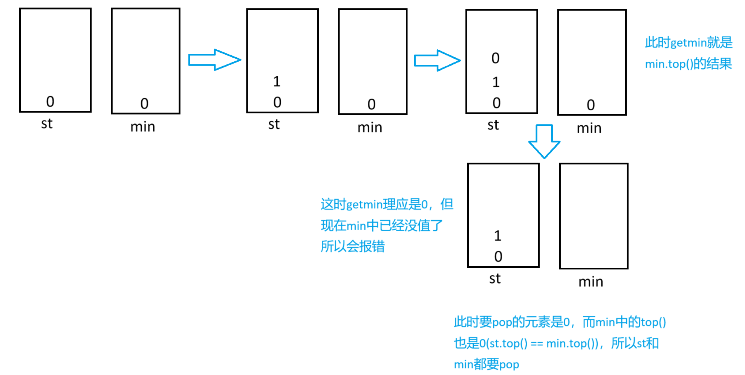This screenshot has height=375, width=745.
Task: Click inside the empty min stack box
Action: [x=594, y=216]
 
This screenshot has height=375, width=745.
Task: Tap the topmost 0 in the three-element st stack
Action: [x=496, y=58]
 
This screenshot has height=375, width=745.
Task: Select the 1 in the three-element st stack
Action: [x=496, y=82]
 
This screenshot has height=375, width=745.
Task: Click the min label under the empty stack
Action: [x=590, y=282]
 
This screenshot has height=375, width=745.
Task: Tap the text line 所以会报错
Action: [x=353, y=247]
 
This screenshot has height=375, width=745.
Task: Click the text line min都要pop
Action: [x=486, y=364]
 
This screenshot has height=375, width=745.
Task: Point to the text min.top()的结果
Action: [x=688, y=64]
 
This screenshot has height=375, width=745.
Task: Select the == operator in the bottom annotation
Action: [x=537, y=343]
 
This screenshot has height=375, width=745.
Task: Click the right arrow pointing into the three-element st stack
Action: [x=437, y=60]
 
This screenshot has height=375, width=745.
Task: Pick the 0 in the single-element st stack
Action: [x=50, y=102]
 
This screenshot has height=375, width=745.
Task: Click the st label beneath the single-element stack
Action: [x=47, y=123]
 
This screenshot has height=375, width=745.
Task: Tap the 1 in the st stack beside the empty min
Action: [x=498, y=236]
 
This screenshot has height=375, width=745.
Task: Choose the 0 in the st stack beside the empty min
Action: [x=498, y=257]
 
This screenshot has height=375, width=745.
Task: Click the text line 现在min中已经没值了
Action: [x=381, y=226]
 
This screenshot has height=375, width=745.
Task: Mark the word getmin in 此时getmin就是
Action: [x=688, y=43]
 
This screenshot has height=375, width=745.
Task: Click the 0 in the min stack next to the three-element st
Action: [x=590, y=105]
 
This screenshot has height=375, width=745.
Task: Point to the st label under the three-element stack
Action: [x=493, y=125]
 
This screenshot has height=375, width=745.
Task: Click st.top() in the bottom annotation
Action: [x=508, y=343]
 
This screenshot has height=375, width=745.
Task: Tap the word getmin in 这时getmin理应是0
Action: [x=364, y=204]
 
